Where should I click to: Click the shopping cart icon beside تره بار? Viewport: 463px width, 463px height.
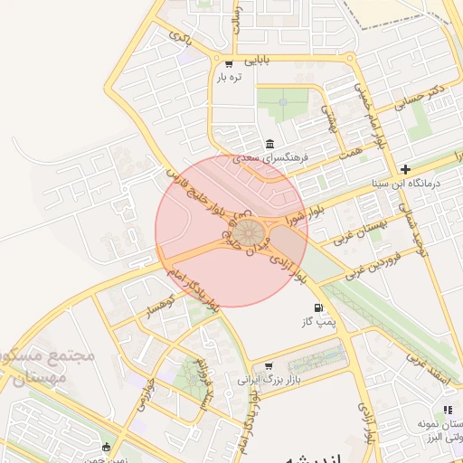[x=228, y=63]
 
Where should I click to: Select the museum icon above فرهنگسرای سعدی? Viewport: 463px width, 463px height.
[x=270, y=144]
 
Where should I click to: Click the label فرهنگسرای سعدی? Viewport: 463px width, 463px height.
[x=271, y=157]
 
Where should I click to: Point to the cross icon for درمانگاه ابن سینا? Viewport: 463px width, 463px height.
[x=405, y=168]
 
